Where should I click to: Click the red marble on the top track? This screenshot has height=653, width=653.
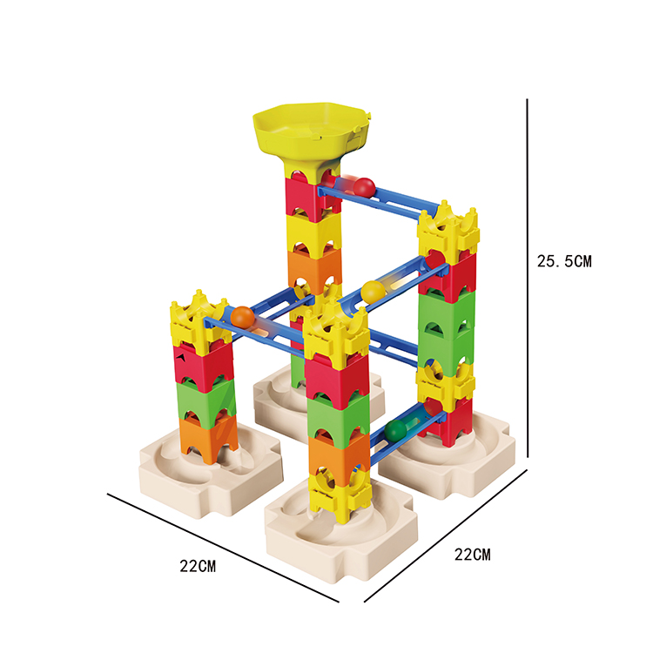[364, 187]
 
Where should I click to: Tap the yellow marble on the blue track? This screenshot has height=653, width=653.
[373, 292]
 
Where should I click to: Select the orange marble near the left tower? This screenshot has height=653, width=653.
[242, 317]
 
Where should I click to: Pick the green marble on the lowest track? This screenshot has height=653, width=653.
[395, 430]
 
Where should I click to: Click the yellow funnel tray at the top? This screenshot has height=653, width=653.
[312, 133]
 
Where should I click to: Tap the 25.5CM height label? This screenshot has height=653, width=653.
[564, 261]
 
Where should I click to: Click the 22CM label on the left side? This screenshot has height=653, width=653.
[198, 567]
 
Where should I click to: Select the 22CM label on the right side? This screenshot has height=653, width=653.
[472, 555]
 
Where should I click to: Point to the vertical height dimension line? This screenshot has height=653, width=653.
[528, 278]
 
